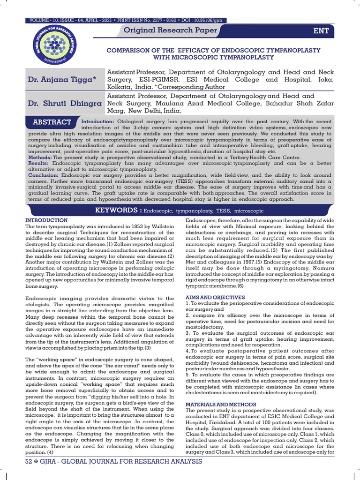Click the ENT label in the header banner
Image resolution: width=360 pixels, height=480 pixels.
(321, 31)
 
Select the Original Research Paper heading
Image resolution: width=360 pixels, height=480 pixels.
(170, 31)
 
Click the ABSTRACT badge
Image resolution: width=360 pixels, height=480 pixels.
(52, 122)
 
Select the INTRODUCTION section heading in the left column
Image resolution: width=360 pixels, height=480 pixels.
(46, 220)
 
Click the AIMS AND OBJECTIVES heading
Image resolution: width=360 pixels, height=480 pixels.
(215, 297)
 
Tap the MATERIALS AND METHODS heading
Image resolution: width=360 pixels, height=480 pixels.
(221, 404)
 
